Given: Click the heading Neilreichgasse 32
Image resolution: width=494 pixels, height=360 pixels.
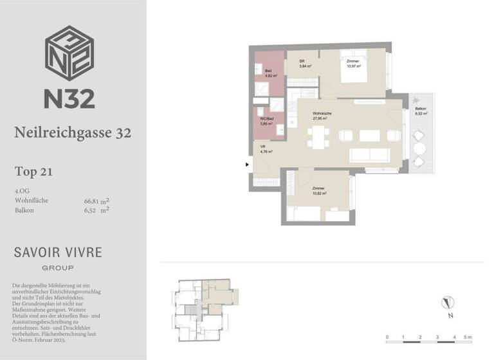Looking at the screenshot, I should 73,133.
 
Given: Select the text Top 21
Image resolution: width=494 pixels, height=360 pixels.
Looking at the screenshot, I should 33,172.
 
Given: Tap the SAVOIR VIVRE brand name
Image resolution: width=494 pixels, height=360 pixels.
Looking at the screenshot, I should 57,251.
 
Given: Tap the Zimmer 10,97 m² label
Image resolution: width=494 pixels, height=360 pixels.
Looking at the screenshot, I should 353,64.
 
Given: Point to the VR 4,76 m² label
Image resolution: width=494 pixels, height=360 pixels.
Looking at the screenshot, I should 266,150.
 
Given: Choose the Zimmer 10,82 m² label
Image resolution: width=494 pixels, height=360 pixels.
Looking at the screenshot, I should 320,191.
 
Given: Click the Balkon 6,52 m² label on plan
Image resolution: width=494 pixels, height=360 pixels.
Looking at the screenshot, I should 421,111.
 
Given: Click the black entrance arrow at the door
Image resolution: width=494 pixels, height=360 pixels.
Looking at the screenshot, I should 248,165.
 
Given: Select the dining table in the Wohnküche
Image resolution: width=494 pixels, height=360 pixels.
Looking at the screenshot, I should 318,135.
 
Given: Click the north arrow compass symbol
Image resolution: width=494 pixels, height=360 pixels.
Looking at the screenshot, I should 448,303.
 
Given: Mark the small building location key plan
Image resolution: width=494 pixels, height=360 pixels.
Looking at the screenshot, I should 203,307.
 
